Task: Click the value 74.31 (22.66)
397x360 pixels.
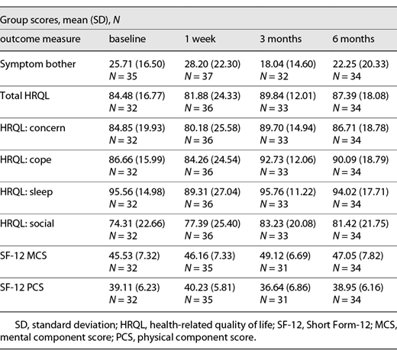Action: [x=138, y=228]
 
